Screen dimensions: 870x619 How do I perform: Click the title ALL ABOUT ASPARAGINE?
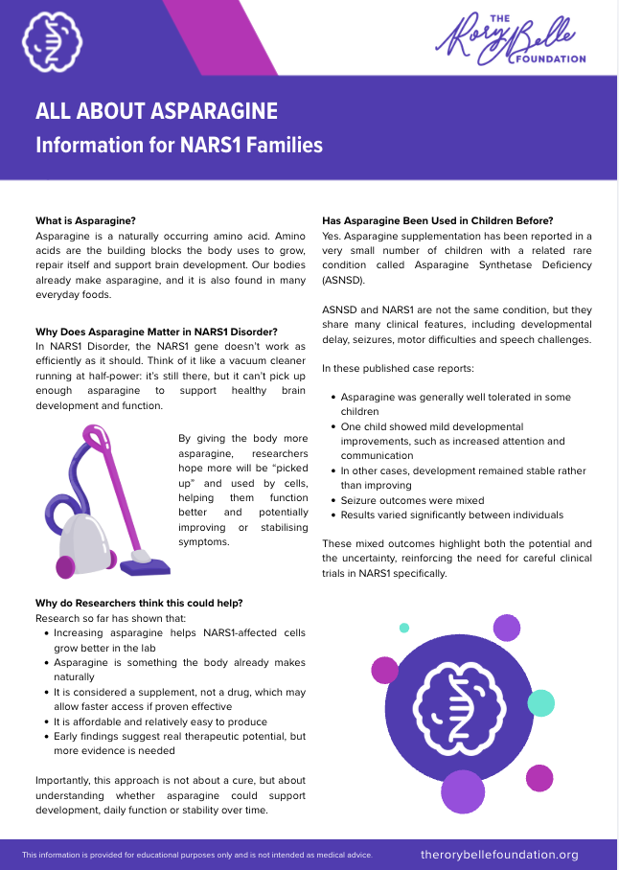pyautogui.click(x=156, y=111)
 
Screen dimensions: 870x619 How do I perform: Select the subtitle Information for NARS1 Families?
pyautogui.click(x=178, y=146)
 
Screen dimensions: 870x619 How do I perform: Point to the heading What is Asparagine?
pyautogui.click(x=85, y=220)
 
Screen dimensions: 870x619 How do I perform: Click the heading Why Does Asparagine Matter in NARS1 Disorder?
pyautogui.click(x=156, y=332)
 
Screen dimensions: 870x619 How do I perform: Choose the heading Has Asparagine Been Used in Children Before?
pyautogui.click(x=438, y=220)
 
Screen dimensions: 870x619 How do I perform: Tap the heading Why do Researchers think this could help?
pyautogui.click(x=139, y=603)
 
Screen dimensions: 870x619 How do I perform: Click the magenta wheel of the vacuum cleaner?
pyautogui.click(x=66, y=566)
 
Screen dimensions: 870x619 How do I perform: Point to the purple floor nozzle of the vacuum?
pyautogui.click(x=150, y=566)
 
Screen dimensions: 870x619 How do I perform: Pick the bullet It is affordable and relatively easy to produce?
pyautogui.click(x=160, y=721)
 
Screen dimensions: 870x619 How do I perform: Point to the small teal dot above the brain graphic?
pyautogui.click(x=404, y=628)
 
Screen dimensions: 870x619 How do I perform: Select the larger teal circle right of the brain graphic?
pyautogui.click(x=540, y=702)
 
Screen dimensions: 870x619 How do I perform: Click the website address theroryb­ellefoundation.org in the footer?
pyautogui.click(x=499, y=854)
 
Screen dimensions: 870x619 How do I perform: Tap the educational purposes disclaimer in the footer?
pyautogui.click(x=196, y=854)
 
